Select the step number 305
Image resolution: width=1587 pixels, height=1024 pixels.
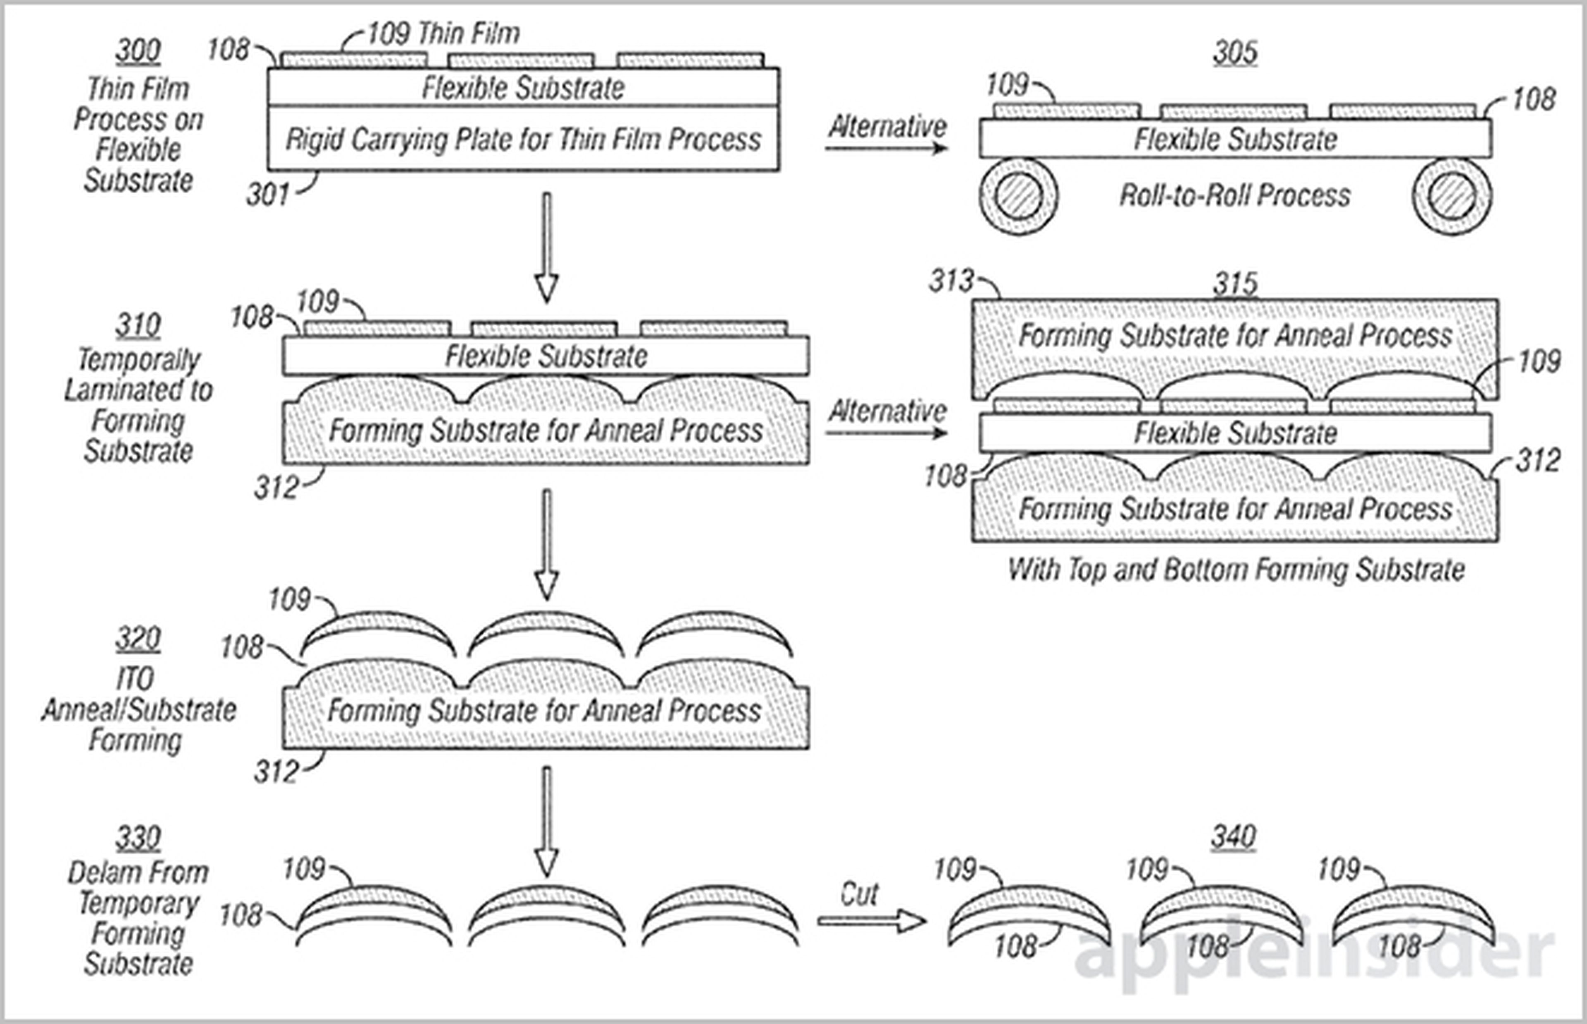(1234, 52)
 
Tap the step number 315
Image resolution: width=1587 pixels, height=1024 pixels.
(1235, 284)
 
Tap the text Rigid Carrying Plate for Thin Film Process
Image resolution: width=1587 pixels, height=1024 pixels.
(523, 140)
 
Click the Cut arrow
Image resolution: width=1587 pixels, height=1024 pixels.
(871, 921)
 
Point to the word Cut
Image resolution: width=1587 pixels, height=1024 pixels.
(859, 894)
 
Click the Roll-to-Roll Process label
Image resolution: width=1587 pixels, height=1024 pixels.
(1234, 195)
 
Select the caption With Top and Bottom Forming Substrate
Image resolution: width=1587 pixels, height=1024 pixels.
(1236, 570)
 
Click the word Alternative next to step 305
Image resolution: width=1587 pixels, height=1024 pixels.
(888, 126)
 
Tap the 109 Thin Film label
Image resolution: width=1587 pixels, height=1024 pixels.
(443, 33)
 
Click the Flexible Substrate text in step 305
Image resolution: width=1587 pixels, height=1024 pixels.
(1234, 140)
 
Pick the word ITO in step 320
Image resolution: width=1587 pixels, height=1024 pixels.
(136, 679)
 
